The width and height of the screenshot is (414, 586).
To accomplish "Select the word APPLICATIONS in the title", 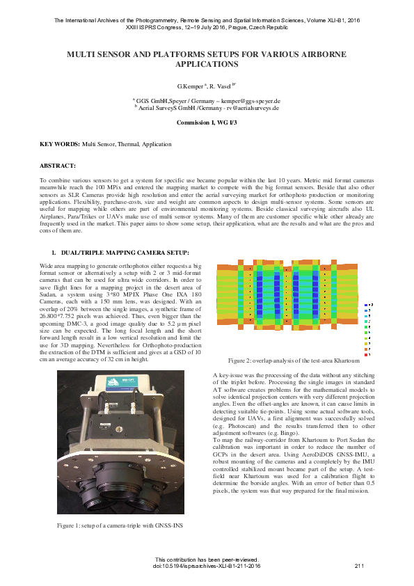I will [207, 63].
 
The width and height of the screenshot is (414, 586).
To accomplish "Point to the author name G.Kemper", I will [190, 86].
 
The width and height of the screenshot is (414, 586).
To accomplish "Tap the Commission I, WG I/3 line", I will [207, 122].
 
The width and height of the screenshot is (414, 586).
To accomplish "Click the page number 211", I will [359, 566].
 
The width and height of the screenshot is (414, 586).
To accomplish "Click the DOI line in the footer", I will [207, 566].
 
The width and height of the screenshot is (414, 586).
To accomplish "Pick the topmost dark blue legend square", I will [366, 305].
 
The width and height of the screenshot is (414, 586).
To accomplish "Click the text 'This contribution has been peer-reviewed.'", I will [207, 560].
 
